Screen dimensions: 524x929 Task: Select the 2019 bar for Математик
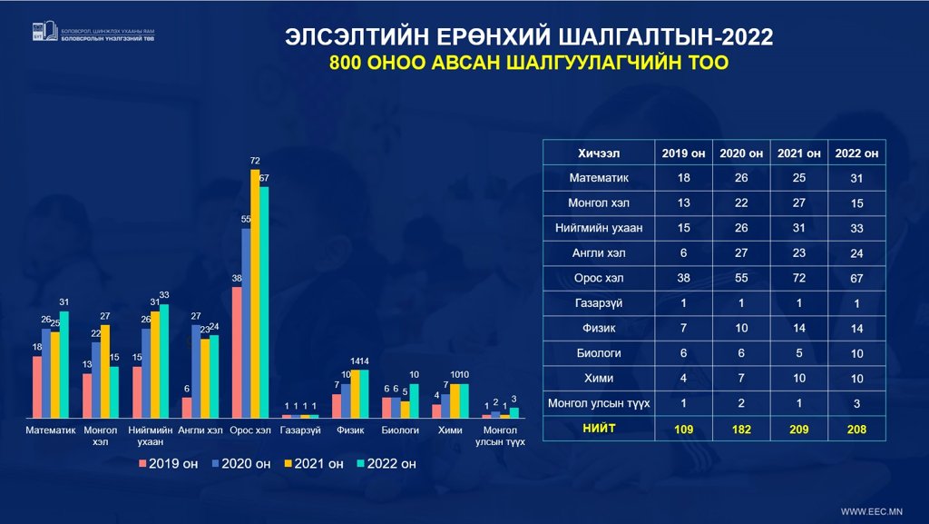[x=37, y=386]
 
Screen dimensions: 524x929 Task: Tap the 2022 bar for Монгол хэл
[x=114, y=391]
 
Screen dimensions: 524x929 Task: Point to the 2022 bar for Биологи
[x=414, y=400]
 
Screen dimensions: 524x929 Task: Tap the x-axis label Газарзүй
[x=298, y=430]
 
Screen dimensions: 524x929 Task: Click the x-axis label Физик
[x=350, y=430]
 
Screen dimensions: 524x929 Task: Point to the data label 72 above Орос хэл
[x=255, y=161]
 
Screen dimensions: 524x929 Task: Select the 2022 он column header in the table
[x=856, y=153]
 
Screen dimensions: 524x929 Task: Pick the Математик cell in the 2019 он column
[x=684, y=178]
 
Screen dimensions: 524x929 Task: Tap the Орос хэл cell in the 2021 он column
[x=798, y=279]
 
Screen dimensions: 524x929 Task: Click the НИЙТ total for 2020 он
[x=742, y=429]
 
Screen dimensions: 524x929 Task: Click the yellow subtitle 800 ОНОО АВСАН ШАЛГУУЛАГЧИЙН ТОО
[x=529, y=64]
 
